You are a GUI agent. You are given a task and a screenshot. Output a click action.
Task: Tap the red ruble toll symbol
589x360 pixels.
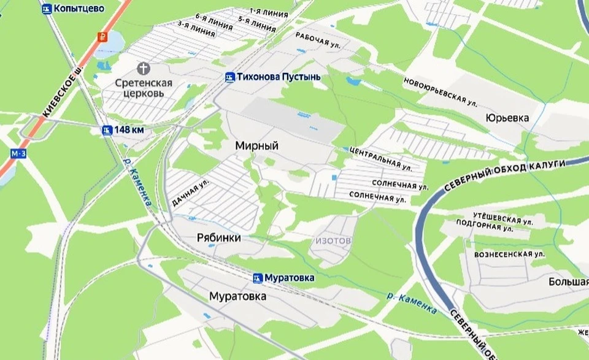click(x=101, y=36)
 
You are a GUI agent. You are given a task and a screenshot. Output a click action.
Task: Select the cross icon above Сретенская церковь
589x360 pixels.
click(x=144, y=68)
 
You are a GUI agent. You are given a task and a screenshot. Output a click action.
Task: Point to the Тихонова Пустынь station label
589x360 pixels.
click(x=276, y=77)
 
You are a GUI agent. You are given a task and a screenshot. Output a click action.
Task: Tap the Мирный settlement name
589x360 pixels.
click(x=256, y=146)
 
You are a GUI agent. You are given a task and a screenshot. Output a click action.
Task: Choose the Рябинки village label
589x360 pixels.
click(x=219, y=238)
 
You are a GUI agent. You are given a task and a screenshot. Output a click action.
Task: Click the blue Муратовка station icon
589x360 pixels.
click(x=258, y=278)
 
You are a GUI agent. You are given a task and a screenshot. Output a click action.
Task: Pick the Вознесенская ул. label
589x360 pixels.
click(x=510, y=253)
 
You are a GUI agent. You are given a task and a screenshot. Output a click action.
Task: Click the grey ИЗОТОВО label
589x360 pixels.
click(x=334, y=241)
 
